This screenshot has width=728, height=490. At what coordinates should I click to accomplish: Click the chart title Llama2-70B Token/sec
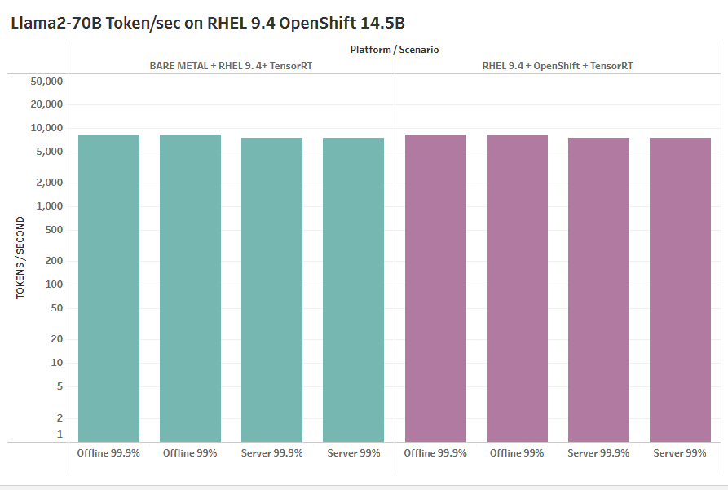coord(208,23)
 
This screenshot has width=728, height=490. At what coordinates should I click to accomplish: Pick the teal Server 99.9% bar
coord(271,289)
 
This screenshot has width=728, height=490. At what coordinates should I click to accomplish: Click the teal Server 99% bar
coord(353,289)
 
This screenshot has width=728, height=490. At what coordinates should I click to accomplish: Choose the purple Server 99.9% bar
coord(598,289)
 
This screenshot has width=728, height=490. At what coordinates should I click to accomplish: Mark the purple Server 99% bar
coord(680,289)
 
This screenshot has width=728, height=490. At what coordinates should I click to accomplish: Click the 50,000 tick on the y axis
coord(46,82)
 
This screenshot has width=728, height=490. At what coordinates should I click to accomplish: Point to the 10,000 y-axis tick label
coord(46,128)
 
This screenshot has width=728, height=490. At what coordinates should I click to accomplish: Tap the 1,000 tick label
coord(49,206)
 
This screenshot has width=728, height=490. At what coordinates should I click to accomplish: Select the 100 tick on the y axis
coord(54,285)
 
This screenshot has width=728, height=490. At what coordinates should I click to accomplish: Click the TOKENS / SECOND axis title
coord(20,258)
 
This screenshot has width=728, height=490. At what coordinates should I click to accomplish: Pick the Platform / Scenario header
coord(395,50)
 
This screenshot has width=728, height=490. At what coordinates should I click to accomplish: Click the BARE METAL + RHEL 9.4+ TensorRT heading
coord(232,66)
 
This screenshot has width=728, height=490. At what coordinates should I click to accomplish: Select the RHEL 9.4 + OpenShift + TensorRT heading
coord(558,66)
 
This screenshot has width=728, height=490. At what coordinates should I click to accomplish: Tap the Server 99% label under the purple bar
coord(680,452)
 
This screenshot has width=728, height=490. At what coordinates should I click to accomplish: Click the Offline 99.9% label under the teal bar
coord(108,452)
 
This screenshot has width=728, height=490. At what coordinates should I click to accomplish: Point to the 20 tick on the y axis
coord(57,339)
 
